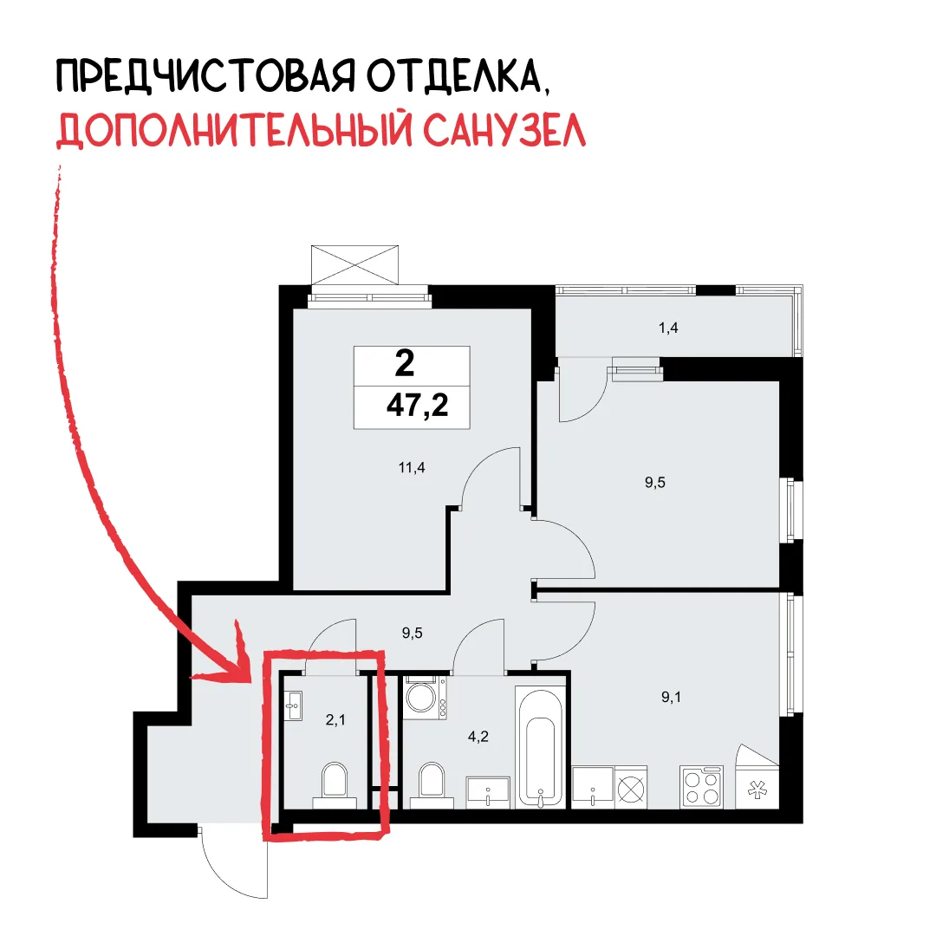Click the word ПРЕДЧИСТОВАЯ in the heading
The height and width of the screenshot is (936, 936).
206,76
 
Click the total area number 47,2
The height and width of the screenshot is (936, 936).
417,406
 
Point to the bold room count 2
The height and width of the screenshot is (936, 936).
405,363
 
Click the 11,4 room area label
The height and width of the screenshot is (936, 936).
412,467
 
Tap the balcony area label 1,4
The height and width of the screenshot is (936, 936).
668,328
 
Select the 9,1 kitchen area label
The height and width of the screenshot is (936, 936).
671,697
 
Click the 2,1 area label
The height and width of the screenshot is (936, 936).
335,720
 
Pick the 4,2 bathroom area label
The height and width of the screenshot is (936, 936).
478,737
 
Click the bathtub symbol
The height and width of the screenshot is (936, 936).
541,747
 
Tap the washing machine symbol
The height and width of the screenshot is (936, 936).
426,697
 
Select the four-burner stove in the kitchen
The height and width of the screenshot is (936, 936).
702,787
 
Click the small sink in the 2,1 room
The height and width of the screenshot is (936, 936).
294,706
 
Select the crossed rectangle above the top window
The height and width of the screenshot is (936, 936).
354,265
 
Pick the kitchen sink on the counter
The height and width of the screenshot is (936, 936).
593,788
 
